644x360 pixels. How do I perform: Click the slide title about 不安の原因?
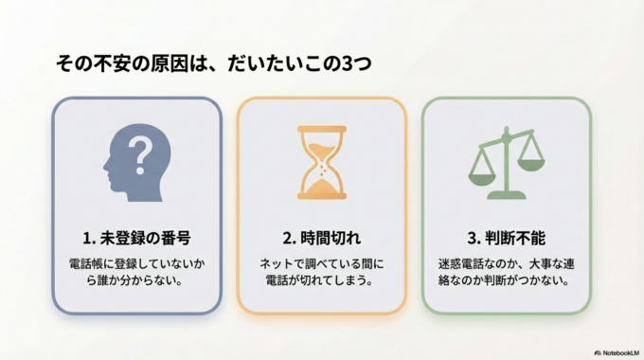[214, 63]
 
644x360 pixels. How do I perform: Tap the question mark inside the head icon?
[139, 153]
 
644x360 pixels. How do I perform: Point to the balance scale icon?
[507, 164]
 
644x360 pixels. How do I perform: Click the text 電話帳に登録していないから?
[136, 262]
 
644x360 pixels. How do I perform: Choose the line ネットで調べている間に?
[322, 262]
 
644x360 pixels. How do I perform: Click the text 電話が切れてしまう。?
[322, 280]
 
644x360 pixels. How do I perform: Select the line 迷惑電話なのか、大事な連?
[507, 262]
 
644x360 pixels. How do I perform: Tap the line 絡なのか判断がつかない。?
[507, 280]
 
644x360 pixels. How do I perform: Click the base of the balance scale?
[508, 195]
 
